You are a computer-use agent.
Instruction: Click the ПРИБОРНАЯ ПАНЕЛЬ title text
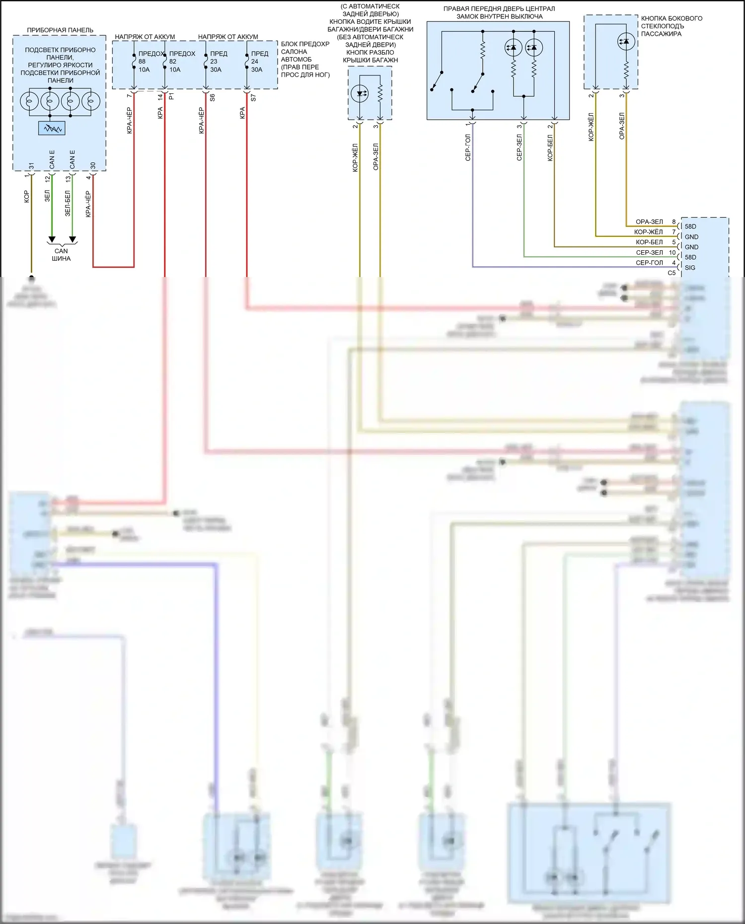click(x=60, y=30)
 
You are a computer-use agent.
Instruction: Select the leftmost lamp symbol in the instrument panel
click(x=29, y=101)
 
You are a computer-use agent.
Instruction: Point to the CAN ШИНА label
click(x=61, y=255)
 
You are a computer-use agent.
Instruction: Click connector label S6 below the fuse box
click(x=212, y=97)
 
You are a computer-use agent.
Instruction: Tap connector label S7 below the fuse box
click(x=253, y=97)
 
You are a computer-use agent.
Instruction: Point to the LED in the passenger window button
click(x=626, y=42)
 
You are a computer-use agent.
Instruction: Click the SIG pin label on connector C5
click(x=690, y=268)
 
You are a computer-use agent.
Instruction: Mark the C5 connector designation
click(x=671, y=273)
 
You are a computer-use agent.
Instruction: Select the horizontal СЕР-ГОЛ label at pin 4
click(x=649, y=263)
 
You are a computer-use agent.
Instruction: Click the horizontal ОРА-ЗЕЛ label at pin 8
click(x=649, y=222)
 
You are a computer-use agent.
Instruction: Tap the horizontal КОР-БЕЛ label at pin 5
click(x=649, y=242)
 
